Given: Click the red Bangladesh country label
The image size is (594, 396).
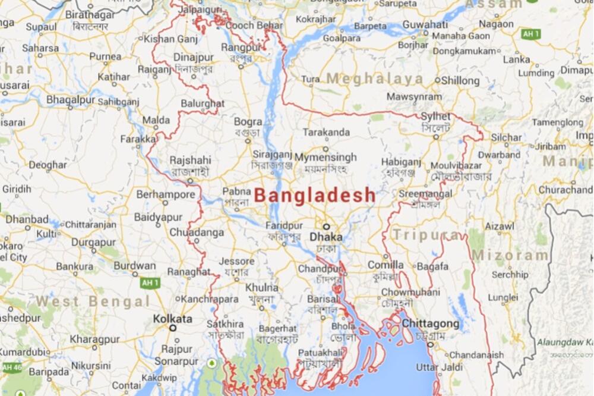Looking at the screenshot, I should point(315,195).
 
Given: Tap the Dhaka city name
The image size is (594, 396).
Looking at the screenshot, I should point(326,237).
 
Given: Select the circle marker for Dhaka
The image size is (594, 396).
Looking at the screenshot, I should point(326,227).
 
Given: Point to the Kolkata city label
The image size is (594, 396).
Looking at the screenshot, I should point(173,319).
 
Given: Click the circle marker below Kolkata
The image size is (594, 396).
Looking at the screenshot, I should point(173,328).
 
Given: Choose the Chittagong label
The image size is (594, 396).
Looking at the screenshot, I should point(431,323).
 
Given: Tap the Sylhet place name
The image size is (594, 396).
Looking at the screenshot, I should point(435,117).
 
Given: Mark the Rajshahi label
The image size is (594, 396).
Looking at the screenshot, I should point(190,160).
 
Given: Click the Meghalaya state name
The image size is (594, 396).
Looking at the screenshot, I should point(375,78).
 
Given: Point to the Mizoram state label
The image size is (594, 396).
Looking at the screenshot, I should point(511,256).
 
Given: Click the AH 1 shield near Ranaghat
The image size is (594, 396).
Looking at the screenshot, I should point(150,283).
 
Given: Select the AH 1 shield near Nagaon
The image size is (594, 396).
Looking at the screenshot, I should point(530,34).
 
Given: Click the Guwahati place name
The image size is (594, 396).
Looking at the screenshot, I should point(425,24).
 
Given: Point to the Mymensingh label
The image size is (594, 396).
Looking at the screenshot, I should point(326,158).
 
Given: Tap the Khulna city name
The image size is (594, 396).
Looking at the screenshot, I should point(261,287).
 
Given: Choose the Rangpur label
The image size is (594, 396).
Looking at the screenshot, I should point(241,48).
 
